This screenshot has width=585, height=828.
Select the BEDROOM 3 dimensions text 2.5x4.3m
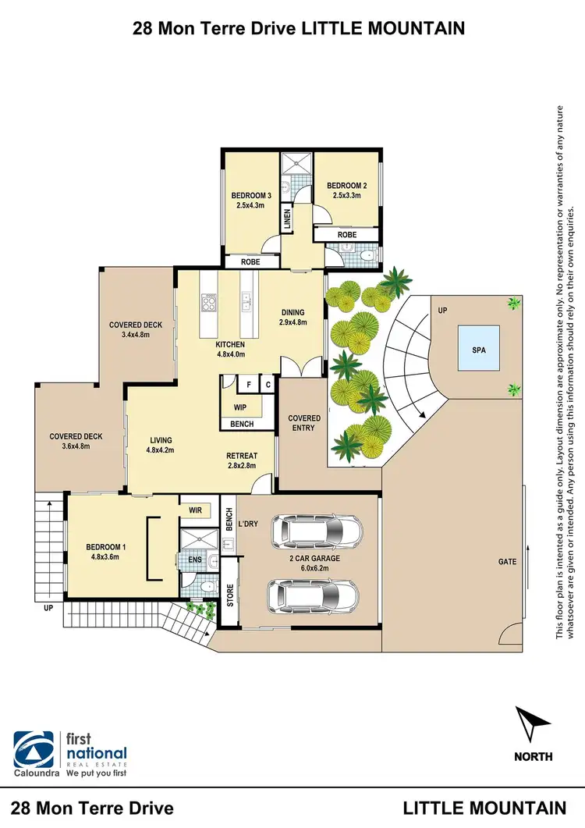pyautogui.click(x=251, y=206)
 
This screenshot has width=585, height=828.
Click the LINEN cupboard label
pyautogui.click(x=288, y=219)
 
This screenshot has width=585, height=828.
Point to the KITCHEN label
pyautogui.click(x=231, y=344)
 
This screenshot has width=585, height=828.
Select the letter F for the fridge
pyautogui.click(x=249, y=385)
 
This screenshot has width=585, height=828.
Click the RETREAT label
pyautogui.click(x=242, y=457)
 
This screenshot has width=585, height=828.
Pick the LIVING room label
pyautogui.click(x=158, y=440)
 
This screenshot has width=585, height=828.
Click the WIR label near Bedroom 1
pyautogui.click(x=195, y=510)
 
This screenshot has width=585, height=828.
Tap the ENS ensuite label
pyautogui.click(x=195, y=560)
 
